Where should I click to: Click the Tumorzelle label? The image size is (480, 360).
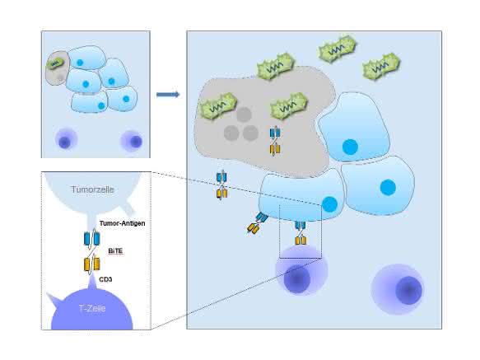point(92,189)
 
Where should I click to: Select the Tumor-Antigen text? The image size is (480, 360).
point(122,223)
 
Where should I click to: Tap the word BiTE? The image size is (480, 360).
point(115,251)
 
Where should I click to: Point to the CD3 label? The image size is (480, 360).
point(105,279)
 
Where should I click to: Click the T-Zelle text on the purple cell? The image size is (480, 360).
point(92,308)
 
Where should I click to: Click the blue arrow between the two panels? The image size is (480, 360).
point(168,95)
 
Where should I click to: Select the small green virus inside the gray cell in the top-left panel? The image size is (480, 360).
point(55,63)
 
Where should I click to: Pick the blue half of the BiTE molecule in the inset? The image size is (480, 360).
point(92,238)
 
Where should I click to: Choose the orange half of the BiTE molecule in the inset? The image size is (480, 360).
point(92,264)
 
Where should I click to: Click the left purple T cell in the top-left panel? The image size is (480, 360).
point(66,140)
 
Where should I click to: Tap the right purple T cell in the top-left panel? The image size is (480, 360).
point(132,141)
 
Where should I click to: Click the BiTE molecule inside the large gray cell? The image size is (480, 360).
point(275,141)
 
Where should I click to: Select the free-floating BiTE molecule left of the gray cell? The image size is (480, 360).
point(221,185)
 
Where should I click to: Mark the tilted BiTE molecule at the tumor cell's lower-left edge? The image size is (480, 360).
point(257,223)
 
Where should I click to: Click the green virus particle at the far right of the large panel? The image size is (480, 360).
point(381,67)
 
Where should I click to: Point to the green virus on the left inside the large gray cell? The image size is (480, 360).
point(218,105)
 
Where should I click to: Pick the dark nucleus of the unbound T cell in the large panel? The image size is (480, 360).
point(408,290)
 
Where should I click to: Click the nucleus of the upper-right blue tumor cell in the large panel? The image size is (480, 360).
point(350,147)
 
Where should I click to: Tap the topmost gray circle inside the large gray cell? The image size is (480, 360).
point(244,115)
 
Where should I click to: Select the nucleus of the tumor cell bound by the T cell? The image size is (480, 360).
point(329,204)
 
